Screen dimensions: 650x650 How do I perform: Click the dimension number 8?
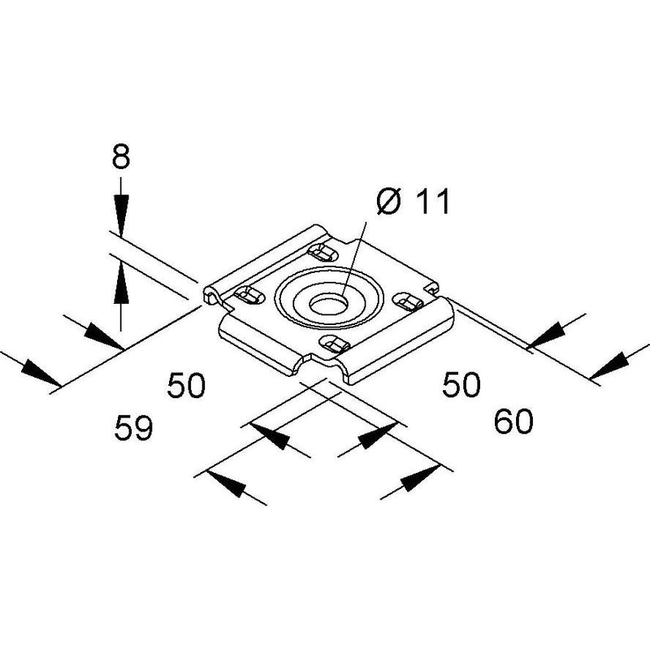point(120,156)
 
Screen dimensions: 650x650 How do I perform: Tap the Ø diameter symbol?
point(390,201)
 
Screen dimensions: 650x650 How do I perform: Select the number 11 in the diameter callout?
point(433,201)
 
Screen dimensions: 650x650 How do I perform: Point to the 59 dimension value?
point(133,427)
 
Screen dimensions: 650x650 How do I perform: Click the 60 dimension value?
point(513,421)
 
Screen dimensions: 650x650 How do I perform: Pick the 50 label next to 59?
point(186,385)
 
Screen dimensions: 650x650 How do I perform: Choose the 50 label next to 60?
point(461,384)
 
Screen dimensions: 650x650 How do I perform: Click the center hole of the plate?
point(327,305)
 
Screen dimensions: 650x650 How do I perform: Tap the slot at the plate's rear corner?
point(323,252)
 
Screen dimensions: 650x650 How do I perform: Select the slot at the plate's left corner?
point(249,296)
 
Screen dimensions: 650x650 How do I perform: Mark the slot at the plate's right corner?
point(408,301)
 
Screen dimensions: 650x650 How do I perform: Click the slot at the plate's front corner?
point(334,344)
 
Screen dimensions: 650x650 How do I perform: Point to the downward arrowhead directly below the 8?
point(120,216)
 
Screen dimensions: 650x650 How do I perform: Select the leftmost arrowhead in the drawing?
point(41,372)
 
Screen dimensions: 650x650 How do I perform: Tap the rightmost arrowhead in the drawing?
point(610,366)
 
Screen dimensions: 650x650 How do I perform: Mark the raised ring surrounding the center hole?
point(329,297)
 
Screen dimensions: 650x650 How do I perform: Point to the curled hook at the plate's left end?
point(211,295)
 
